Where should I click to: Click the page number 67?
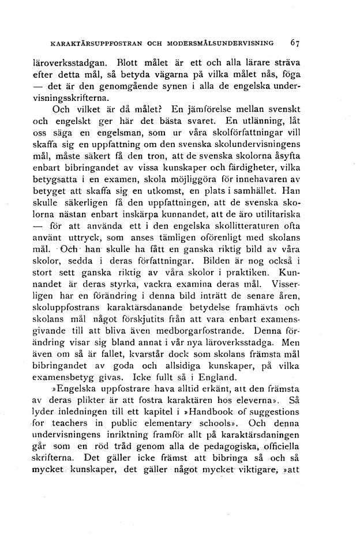tap(295, 43)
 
